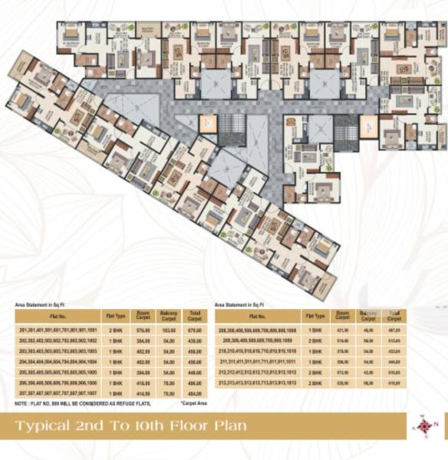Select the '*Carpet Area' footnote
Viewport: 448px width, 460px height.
tap(194, 402)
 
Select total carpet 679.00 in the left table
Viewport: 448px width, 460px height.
tap(193, 330)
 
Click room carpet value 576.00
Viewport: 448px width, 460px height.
tap(142, 330)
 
